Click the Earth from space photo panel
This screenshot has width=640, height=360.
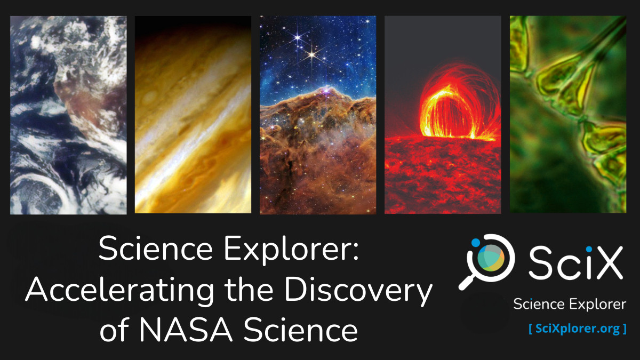68,115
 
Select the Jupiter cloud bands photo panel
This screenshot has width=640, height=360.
193,115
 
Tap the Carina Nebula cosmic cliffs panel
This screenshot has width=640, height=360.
318,115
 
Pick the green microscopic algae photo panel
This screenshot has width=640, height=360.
568,114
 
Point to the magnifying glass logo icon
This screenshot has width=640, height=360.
486,262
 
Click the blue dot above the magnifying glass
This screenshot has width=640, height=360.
475,243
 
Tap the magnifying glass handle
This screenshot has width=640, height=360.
466,283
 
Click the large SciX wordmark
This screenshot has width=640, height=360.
575,262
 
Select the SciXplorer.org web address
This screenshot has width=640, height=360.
578,329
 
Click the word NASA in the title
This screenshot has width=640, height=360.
186,330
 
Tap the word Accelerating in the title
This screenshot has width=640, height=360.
119,290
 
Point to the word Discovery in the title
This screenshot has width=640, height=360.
358,290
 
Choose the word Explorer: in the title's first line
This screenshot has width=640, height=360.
291,249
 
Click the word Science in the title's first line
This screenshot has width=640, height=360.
155,248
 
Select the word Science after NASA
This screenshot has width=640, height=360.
300,330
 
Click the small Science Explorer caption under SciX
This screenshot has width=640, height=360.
570,304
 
